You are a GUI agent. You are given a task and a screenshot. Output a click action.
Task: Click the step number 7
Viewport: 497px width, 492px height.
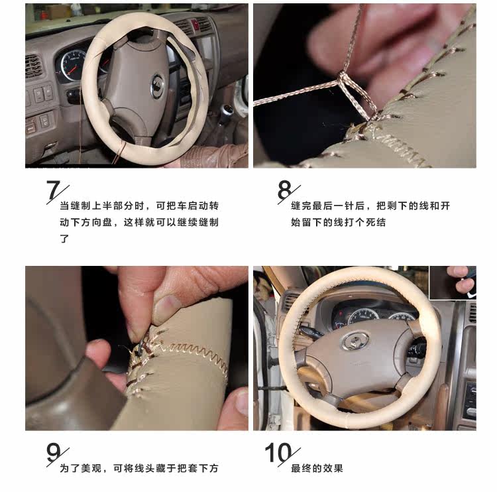[x=53, y=190]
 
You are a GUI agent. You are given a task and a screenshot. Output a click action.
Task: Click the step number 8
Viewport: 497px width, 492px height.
[x=284, y=190]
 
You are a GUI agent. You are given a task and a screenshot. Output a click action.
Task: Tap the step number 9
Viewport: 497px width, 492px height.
[x=53, y=452]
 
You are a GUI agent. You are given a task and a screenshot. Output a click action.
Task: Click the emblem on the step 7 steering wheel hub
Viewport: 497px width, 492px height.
[x=157, y=86]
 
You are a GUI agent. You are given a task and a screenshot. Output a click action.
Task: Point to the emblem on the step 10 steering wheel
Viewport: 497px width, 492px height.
[x=356, y=341]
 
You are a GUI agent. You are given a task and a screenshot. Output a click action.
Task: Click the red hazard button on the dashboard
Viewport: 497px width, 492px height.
[x=195, y=25]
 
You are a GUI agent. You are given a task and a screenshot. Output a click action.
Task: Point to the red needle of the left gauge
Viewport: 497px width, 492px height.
[x=72, y=70]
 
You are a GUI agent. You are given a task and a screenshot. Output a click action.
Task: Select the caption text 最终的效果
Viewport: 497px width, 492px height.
[x=317, y=468]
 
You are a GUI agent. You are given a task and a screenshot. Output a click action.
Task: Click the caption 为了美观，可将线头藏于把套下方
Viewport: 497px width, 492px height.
[x=139, y=468]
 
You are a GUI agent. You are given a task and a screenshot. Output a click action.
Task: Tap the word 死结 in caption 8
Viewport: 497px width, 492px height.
[x=376, y=222]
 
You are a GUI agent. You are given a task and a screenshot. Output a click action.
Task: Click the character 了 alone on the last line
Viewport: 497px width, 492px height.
[x=64, y=239]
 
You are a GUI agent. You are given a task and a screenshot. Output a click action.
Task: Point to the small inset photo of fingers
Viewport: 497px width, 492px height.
[x=453, y=282]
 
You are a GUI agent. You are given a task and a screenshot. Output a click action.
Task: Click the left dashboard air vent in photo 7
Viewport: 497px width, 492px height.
[x=33, y=66]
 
